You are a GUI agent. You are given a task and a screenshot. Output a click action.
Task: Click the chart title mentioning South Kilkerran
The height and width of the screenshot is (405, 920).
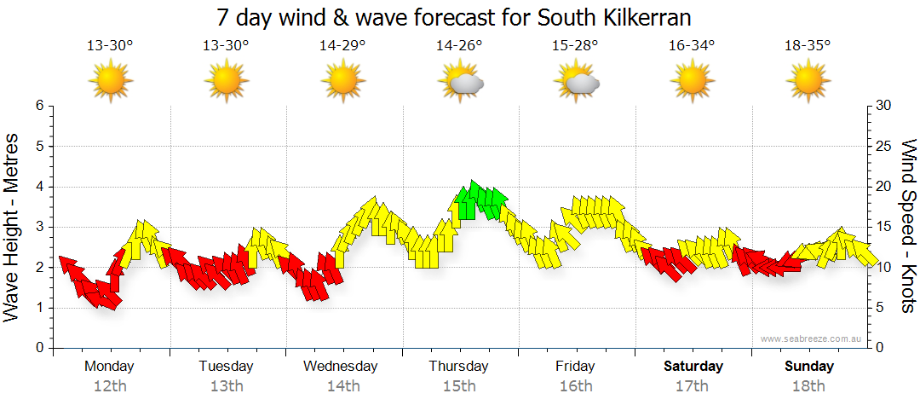click(453, 17)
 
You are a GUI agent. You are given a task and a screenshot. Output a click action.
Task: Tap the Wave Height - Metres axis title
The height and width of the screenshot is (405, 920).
click(13, 226)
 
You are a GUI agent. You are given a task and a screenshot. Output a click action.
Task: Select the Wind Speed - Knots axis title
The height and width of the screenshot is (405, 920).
click(907, 226)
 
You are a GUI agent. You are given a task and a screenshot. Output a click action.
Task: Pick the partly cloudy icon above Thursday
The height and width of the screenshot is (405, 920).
click(461, 82)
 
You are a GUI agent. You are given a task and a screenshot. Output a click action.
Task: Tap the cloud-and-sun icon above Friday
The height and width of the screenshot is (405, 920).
click(577, 82)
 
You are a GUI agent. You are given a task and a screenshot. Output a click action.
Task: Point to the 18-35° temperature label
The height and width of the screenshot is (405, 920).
click(808, 46)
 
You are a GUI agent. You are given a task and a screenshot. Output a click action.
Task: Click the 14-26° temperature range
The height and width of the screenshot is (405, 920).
click(459, 46)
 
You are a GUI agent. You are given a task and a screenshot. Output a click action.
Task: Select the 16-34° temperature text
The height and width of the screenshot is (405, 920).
click(692, 46)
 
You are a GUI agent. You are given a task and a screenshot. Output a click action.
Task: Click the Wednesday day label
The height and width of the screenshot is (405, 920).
click(341, 367)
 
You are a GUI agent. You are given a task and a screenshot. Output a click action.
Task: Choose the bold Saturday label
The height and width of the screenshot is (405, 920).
click(693, 367)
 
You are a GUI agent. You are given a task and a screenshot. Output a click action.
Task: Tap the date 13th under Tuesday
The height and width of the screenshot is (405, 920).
click(226, 386)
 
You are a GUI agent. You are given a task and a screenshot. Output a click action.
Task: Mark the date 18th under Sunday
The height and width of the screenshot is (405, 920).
click(808, 386)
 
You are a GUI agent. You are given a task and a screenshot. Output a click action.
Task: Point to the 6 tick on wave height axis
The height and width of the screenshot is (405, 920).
click(38, 106)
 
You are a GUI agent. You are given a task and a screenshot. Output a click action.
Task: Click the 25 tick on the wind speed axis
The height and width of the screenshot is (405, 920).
click(884, 147)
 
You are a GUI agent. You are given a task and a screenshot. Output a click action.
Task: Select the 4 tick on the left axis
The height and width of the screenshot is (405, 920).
click(38, 187)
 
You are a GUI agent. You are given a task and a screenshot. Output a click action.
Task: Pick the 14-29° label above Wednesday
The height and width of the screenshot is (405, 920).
click(342, 46)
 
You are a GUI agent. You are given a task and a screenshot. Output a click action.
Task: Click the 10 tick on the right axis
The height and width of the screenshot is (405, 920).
click(884, 268)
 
